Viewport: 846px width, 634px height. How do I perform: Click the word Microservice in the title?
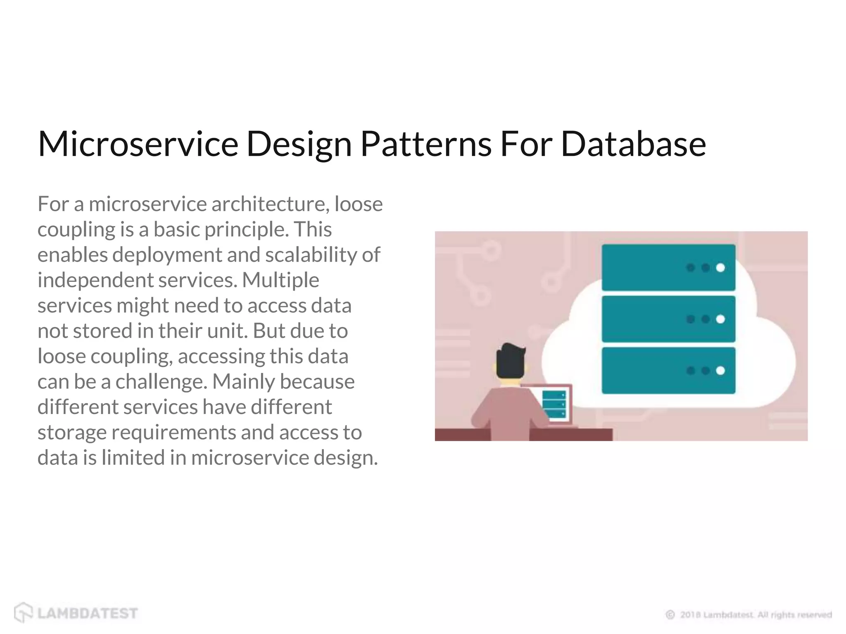138,144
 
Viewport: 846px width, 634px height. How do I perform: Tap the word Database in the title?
633,144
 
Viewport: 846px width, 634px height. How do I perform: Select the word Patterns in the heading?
426,144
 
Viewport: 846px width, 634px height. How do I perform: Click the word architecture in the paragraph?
270,204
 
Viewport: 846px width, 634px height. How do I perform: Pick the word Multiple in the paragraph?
280,280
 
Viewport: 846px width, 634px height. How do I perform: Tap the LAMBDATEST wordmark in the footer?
88,613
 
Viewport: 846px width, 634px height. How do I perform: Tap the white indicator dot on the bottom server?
720,370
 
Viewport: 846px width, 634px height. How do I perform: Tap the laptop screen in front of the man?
554,404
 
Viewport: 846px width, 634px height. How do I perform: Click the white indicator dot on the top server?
720,268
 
